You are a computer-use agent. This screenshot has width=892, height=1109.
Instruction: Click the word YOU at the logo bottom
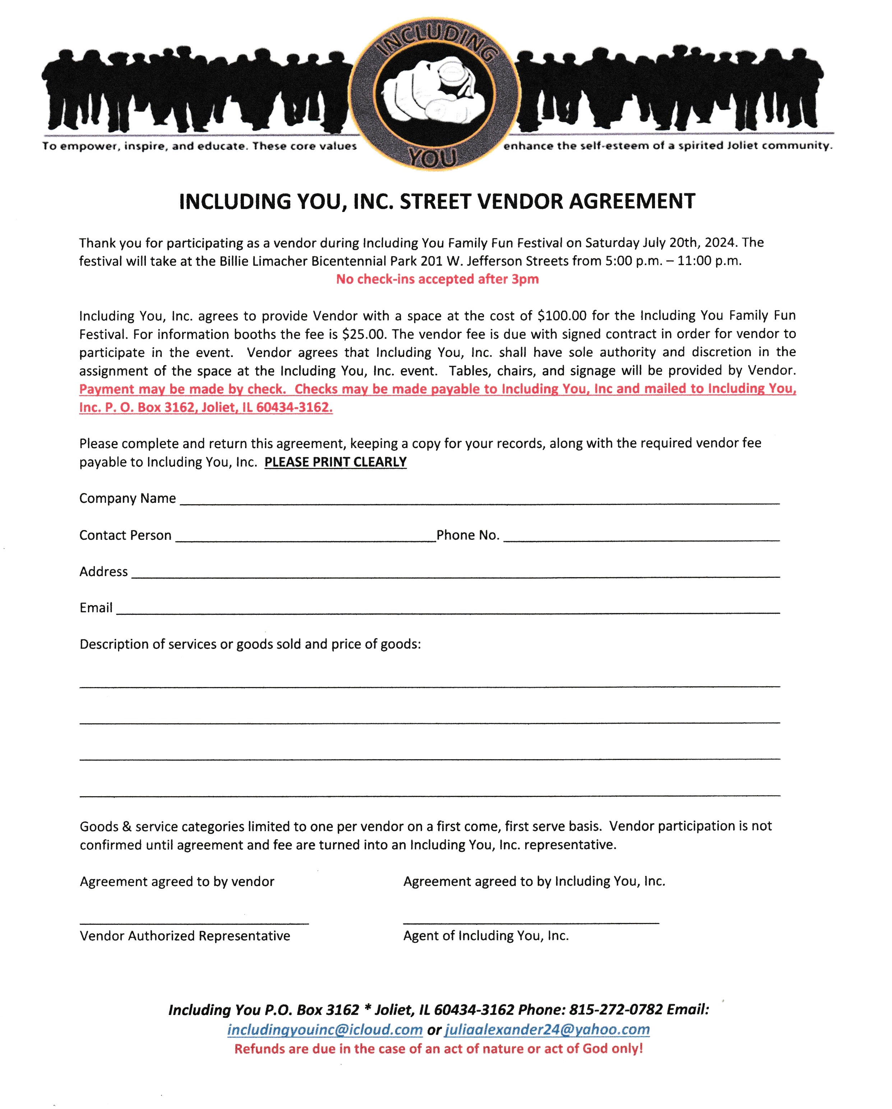tap(433, 157)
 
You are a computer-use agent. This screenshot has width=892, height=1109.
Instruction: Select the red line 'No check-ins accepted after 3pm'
tap(437, 279)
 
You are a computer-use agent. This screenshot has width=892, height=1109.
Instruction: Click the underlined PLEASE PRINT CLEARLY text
tap(336, 462)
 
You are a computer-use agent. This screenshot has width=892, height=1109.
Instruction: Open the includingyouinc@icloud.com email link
tap(325, 1029)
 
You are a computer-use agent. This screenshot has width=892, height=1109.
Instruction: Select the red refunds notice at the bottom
tap(438, 1049)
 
